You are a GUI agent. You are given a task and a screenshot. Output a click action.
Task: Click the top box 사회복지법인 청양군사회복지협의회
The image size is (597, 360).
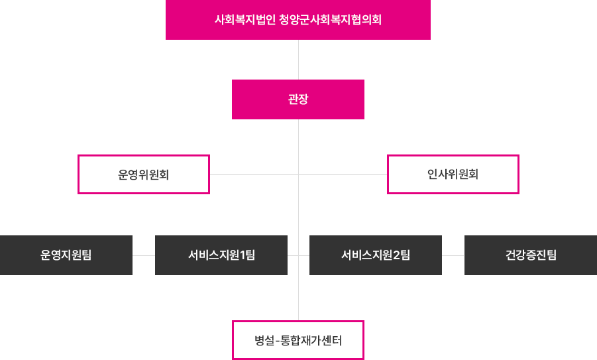(298, 20)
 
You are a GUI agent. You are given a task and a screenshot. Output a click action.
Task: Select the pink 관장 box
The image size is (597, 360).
(298, 99)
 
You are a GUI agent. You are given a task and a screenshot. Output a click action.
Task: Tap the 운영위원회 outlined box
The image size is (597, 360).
(144, 174)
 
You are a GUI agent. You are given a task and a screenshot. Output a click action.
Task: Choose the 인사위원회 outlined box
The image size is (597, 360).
(453, 174)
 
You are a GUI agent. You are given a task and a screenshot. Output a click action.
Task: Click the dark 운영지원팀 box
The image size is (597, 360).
(66, 255)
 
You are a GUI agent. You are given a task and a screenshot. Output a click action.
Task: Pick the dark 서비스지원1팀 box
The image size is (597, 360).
(221, 255)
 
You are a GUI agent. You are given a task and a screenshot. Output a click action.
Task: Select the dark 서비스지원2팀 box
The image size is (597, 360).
(375, 255)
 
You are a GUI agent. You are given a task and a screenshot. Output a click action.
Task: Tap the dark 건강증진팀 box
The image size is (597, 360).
(529, 255)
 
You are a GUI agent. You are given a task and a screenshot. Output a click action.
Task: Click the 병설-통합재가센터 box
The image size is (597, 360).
(298, 341)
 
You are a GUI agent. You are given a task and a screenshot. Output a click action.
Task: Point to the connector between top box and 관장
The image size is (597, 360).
(298, 59)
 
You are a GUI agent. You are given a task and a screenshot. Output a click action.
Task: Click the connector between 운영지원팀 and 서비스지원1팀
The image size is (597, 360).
(143, 255)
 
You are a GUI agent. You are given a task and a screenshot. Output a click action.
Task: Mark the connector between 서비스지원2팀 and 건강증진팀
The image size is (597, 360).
(453, 255)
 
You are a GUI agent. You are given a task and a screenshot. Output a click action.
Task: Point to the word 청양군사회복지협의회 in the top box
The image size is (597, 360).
(331, 20)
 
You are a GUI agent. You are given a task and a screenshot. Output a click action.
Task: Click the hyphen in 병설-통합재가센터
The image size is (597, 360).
(276, 341)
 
